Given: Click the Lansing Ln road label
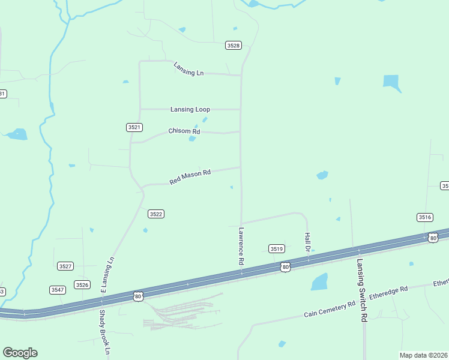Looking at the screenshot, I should pyautogui.click(x=188, y=69).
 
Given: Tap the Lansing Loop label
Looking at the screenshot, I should pyautogui.click(x=190, y=109).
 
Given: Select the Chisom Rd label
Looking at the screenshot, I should pyautogui.click(x=184, y=131).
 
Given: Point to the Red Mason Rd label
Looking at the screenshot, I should pyautogui.click(x=190, y=176).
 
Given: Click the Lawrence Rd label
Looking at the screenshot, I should pyautogui.click(x=241, y=246).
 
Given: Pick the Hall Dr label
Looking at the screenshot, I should pyautogui.click(x=307, y=242).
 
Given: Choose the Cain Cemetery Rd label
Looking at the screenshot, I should pyautogui.click(x=330, y=310).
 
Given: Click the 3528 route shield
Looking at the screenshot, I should pyautogui.click(x=234, y=46).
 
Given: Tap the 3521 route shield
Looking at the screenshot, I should pyautogui.click(x=134, y=127).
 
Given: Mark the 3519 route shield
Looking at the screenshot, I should pyautogui.click(x=276, y=248).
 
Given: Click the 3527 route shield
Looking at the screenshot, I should pyautogui.click(x=65, y=266).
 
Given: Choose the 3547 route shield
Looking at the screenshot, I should pyautogui.click(x=58, y=290).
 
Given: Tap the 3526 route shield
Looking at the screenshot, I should pyautogui.click(x=82, y=284).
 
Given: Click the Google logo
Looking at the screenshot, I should pyautogui.click(x=20, y=353).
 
